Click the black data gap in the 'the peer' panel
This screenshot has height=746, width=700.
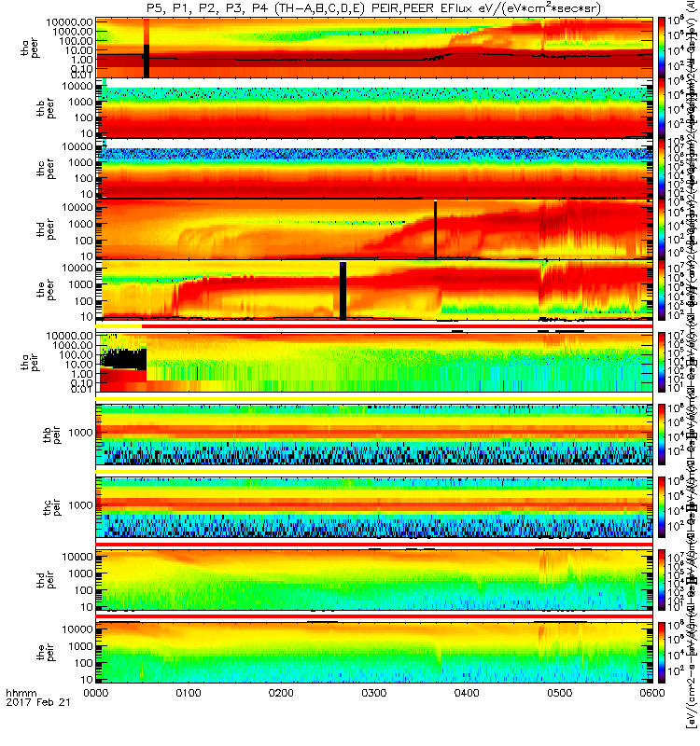point(343,278)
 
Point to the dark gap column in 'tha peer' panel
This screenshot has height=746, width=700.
point(146,48)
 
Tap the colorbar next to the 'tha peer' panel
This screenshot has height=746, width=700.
point(663,47)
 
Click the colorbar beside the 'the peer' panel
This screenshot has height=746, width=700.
point(663,291)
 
